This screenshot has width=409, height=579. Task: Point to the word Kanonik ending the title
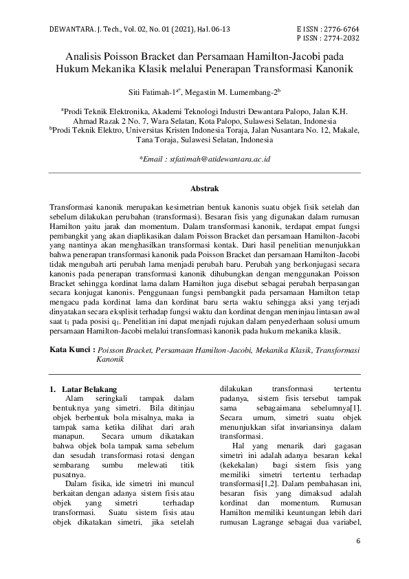[x=334, y=70]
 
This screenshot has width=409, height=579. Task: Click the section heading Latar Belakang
[x=89, y=389]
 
